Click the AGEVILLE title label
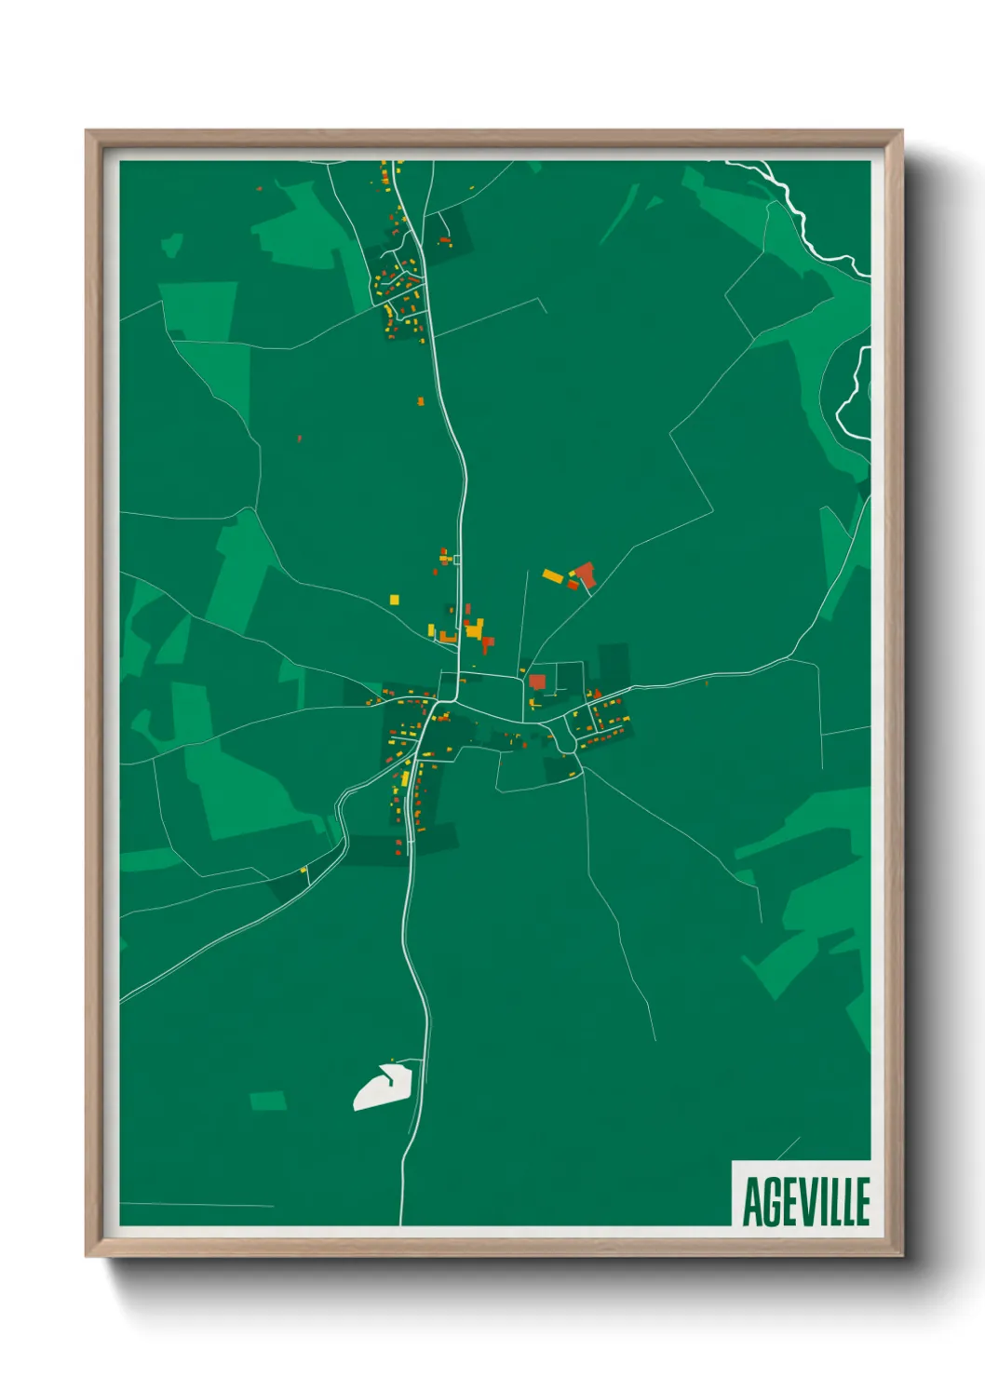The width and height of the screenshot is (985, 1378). coord(804,1200)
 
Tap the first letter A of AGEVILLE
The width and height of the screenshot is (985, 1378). coord(751,1202)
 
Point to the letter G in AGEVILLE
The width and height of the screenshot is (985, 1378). coord(772,1202)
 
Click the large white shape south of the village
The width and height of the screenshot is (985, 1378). coord(383,1088)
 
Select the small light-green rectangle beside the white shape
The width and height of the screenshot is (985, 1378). coord(268,1101)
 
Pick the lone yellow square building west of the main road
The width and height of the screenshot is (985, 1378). coord(395,600)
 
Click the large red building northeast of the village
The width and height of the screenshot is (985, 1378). coord(585,574)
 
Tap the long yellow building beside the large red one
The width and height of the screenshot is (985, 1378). coord(553,576)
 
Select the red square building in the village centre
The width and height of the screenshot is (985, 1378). coord(537,682)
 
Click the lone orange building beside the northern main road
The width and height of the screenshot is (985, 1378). coord(421,401)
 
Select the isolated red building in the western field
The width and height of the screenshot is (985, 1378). coord(299,438)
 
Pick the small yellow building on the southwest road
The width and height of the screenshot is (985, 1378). coord(304,871)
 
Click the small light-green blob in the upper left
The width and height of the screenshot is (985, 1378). coord(171,246)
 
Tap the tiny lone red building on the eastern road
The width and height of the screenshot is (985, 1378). coord(707,683)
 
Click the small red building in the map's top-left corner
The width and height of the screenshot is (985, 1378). coord(260,189)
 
